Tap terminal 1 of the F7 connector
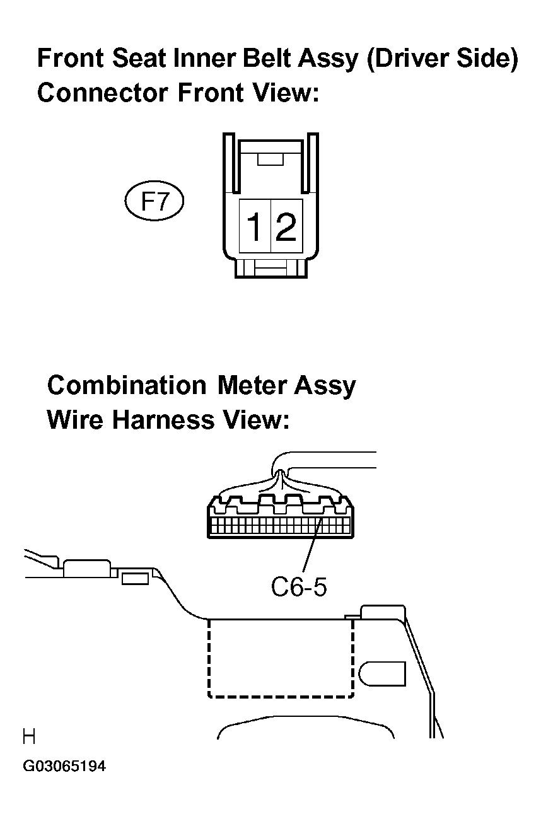click(255, 226)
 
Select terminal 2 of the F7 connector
click(287, 226)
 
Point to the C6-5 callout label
click(299, 587)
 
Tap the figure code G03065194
click(64, 765)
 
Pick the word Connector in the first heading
click(103, 92)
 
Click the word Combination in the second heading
click(127, 385)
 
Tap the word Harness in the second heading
click(163, 419)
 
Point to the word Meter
click(250, 385)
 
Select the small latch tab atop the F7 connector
click(270, 159)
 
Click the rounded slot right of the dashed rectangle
click(383, 673)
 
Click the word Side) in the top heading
click(488, 59)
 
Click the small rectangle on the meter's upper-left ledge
click(135, 579)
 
